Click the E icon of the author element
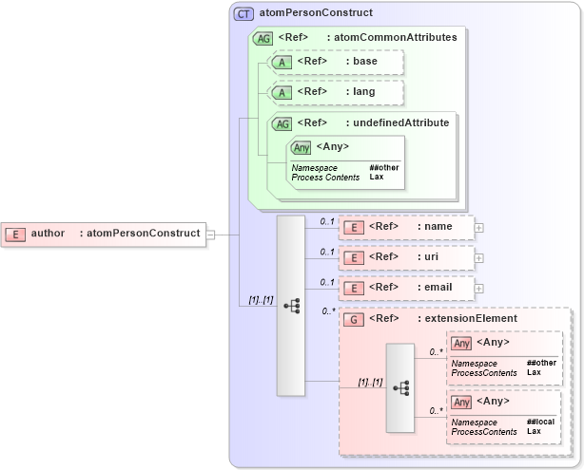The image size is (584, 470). (15, 234)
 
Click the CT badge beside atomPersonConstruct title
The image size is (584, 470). (243, 14)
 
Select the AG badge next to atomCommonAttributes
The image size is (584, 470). (263, 38)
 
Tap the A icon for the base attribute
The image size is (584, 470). (282, 63)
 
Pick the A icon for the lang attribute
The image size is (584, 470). (282, 93)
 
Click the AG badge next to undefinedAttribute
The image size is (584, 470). (282, 123)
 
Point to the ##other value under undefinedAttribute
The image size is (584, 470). (384, 167)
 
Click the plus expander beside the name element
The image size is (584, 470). (478, 228)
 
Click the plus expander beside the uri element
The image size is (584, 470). (478, 257)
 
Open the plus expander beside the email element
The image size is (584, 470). (478, 288)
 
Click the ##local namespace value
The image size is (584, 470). (540, 422)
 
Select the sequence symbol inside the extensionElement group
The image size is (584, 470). (400, 387)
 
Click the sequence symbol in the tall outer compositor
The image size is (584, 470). (291, 306)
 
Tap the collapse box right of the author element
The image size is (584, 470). (211, 234)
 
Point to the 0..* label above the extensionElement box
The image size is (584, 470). (329, 310)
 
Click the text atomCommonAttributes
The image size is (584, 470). (392, 38)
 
